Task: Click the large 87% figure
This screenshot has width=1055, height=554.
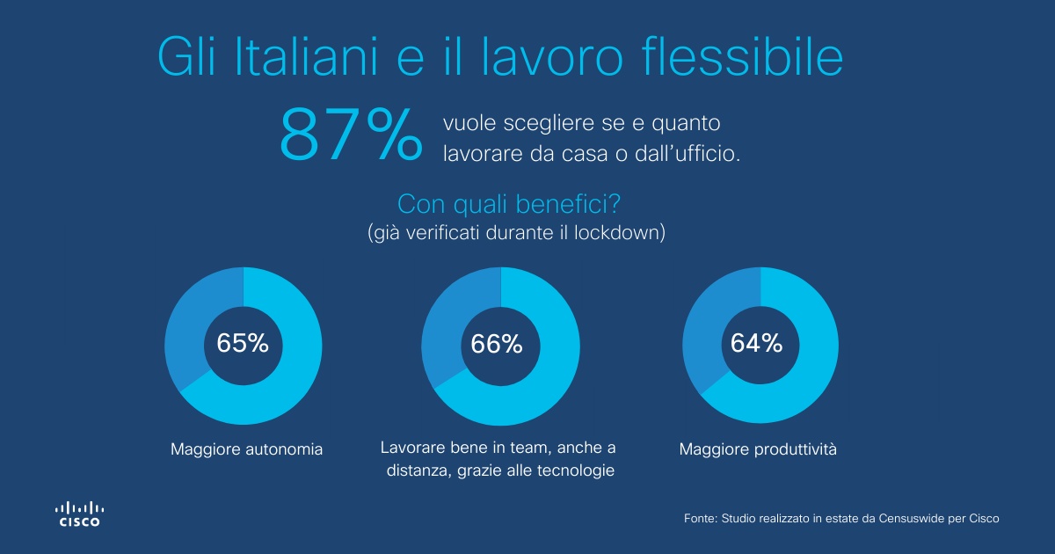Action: pos(351,135)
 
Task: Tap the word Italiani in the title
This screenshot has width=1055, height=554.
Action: pos(304,57)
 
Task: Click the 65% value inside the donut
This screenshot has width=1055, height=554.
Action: pos(243,344)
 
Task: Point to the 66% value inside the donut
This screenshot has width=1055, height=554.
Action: pos(497,344)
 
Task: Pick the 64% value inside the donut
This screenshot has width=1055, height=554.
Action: pos(757,344)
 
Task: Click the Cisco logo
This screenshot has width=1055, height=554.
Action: pos(79,514)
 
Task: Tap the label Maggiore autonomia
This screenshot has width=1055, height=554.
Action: pos(246,450)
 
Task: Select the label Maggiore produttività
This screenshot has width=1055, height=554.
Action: pos(758,450)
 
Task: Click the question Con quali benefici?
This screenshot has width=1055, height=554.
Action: pos(511,204)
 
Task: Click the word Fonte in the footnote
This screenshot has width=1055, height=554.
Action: pos(699,519)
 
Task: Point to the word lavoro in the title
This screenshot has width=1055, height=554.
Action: pos(549,57)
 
